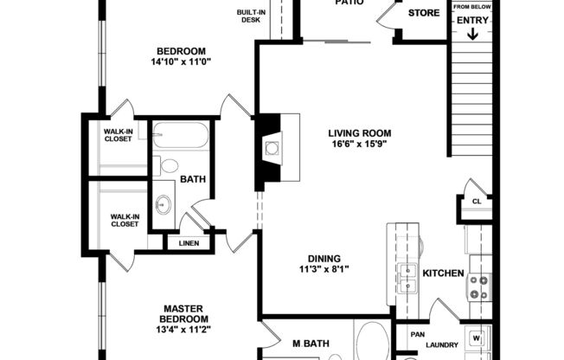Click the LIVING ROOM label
point(360,133)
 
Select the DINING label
point(324,258)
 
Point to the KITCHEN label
point(443,273)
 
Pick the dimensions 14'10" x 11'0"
point(181,61)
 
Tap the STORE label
point(424,13)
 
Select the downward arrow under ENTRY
point(472,34)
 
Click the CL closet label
point(476,202)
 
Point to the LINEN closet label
point(189,243)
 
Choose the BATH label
point(192,179)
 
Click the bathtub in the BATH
point(181,136)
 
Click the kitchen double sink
point(407,279)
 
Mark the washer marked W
point(476,337)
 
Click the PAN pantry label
point(416,335)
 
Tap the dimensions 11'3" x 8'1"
point(324,269)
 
